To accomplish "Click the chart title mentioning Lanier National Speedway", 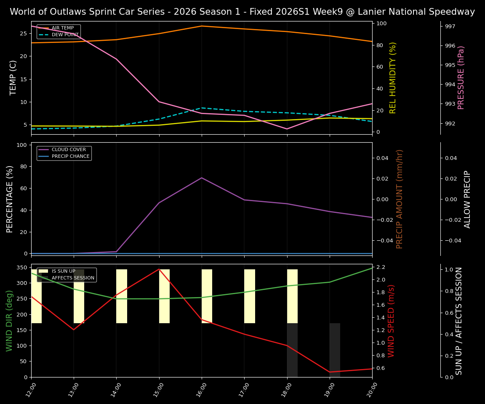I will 242,12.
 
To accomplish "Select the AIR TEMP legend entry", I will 62,28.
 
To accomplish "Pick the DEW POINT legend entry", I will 65,35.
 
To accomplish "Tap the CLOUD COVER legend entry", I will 69,150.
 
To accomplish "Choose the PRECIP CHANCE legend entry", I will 70,157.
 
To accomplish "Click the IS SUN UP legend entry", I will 63,271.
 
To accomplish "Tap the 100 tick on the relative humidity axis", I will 382,24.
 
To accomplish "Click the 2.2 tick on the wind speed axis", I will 381,267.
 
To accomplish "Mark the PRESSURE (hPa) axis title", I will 461,77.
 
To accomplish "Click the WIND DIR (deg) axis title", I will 9,321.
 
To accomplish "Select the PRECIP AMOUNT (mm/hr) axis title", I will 400,199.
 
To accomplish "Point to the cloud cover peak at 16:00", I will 202,178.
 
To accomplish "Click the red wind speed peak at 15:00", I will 159,269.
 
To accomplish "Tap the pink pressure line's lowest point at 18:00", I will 287,129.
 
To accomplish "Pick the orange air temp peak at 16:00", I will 202,26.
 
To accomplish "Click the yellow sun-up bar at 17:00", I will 250,296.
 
